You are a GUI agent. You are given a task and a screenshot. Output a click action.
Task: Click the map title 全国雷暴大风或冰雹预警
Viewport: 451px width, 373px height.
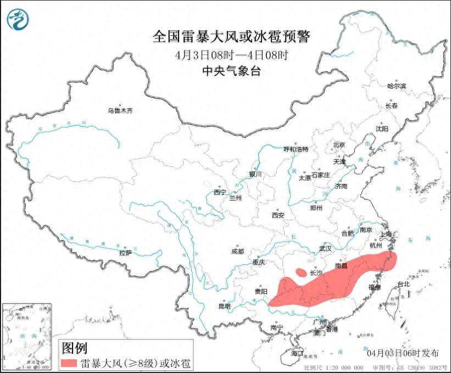[x=231, y=37]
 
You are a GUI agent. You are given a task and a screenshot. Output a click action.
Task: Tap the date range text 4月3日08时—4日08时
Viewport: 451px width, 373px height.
[x=231, y=55]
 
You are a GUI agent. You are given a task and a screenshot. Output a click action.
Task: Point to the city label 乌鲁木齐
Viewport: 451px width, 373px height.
[x=120, y=111]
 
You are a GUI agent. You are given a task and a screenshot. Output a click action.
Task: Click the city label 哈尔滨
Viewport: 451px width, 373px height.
[x=396, y=86]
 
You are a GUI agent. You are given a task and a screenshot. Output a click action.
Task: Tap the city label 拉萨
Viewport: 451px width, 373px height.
[x=125, y=253]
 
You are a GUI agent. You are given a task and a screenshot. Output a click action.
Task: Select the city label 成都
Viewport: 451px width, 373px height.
[x=237, y=251]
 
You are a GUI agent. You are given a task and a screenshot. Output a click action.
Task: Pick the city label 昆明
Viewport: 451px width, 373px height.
[x=224, y=306]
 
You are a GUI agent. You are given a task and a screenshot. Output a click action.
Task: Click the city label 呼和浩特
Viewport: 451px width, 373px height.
[x=296, y=149]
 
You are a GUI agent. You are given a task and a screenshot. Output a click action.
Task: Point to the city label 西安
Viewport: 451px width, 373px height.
[x=278, y=215]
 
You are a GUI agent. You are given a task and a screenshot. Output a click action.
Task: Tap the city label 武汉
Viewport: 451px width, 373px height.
[x=325, y=248]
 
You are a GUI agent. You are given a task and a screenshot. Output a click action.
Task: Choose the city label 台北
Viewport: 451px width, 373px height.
[x=403, y=285]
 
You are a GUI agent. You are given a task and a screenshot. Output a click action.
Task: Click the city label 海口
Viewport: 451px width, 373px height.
[x=297, y=352]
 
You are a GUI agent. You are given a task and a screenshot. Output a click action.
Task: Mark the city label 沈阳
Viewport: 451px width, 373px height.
[x=382, y=129]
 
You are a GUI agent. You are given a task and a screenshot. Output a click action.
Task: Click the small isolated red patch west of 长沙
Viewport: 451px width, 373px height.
[x=300, y=271]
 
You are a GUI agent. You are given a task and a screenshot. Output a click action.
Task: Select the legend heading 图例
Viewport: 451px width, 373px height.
[x=75, y=348]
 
